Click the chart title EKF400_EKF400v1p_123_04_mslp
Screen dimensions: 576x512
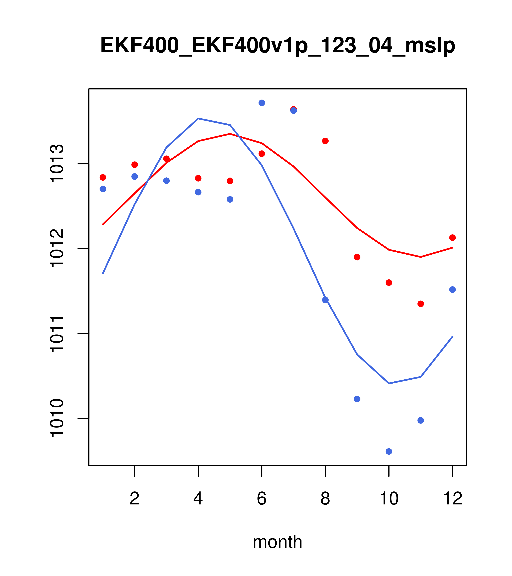pos(277,46)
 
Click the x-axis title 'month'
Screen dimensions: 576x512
pos(277,542)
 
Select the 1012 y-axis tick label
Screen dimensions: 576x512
pos(56,249)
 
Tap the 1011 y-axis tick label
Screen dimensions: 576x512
pos(56,334)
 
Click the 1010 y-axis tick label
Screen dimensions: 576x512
pos(56,418)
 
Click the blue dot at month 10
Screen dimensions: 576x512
pos(389,452)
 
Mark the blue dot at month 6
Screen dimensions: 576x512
pos(262,103)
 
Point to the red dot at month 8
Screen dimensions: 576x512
pos(325,141)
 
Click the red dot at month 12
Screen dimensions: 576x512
pos(453,238)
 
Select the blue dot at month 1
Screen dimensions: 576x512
pos(103,189)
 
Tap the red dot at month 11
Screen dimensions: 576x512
pos(421,304)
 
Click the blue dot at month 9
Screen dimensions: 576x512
pos(357,399)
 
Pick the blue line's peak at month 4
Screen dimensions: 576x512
pos(198,118)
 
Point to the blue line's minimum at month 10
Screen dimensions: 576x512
pos(389,384)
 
